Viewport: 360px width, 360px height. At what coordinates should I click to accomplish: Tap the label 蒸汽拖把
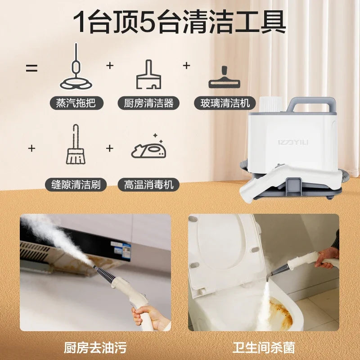(x=76, y=103)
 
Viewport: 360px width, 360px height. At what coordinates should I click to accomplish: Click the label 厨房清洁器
(x=148, y=103)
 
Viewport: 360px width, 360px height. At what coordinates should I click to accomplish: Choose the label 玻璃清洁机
(x=225, y=103)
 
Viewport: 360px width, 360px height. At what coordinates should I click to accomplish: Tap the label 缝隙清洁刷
(x=76, y=184)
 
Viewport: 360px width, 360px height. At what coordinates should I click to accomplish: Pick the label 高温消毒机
(x=148, y=184)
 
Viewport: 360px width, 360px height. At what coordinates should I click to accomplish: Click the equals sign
(x=31, y=68)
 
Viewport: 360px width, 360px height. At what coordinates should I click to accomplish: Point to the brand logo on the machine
(x=293, y=142)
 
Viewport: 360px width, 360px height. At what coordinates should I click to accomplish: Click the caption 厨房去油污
(x=95, y=347)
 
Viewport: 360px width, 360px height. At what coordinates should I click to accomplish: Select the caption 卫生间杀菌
(x=264, y=347)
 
